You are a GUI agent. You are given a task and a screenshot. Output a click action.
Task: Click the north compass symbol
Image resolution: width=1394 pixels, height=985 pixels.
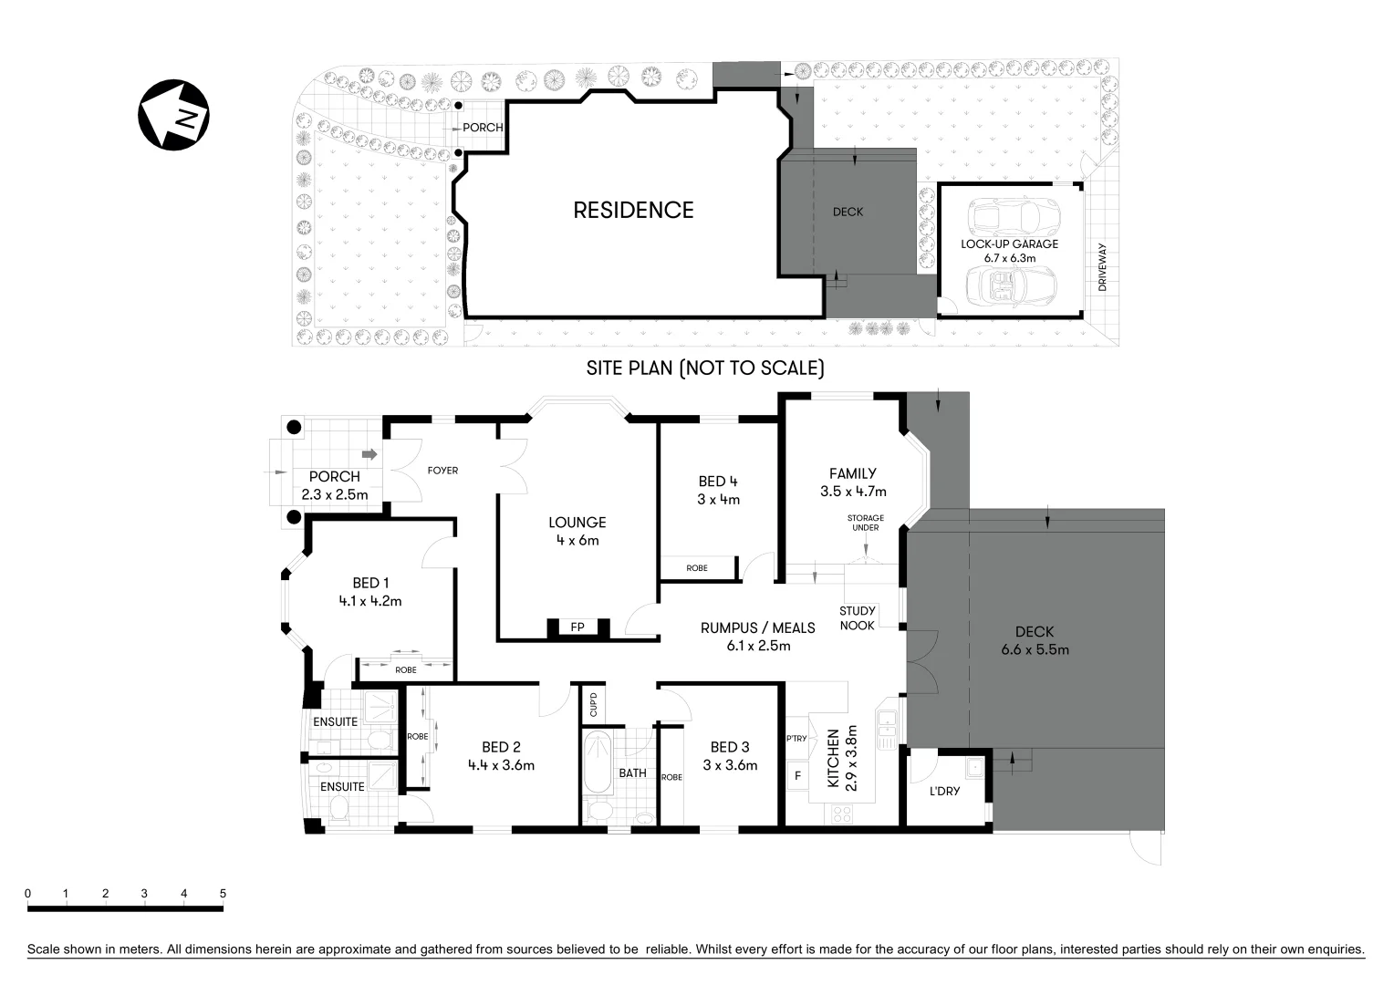[x=173, y=115]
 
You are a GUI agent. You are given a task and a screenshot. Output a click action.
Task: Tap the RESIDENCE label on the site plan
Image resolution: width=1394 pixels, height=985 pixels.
[x=633, y=210]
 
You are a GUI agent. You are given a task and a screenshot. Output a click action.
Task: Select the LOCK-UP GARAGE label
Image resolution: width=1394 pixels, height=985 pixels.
[x=1009, y=244]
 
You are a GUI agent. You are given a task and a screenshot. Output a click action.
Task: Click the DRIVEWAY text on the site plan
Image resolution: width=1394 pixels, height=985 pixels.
[x=1102, y=267]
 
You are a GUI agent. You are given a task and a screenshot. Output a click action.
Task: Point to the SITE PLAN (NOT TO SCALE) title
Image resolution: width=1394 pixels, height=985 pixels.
[x=704, y=368]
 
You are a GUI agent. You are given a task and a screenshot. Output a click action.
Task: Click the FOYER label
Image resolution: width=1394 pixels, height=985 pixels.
[x=442, y=471]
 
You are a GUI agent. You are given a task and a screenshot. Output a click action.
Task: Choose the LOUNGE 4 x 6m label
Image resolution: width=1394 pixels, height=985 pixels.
[x=577, y=531]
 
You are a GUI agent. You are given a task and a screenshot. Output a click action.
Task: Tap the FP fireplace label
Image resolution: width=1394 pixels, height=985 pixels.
[x=577, y=627]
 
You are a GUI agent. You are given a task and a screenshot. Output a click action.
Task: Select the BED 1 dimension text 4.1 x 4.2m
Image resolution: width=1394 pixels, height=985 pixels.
[x=369, y=601]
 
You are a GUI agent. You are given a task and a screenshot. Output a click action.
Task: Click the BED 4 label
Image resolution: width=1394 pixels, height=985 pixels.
[x=718, y=482]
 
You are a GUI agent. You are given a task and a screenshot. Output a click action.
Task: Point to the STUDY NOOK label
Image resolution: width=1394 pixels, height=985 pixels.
[x=857, y=618]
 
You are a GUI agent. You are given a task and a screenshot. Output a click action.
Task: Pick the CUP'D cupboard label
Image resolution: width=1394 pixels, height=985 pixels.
[x=593, y=705]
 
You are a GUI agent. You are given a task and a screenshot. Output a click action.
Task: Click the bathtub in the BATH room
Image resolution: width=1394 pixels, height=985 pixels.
[x=598, y=762]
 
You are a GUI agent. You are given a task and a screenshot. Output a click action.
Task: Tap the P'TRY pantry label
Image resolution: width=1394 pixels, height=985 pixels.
[x=796, y=739]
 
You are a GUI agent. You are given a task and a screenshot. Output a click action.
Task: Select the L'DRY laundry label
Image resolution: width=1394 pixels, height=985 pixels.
[x=944, y=791]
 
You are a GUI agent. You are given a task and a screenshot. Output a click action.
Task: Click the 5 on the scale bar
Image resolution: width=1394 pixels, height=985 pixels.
[x=223, y=894]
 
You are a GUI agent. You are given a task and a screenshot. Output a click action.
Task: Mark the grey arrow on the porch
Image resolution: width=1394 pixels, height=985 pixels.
[x=369, y=453]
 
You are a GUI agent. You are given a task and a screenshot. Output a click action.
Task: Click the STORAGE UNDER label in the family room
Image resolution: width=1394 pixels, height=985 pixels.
[x=865, y=523]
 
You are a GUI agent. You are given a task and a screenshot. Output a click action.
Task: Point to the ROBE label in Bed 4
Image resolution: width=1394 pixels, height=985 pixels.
[x=697, y=568]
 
